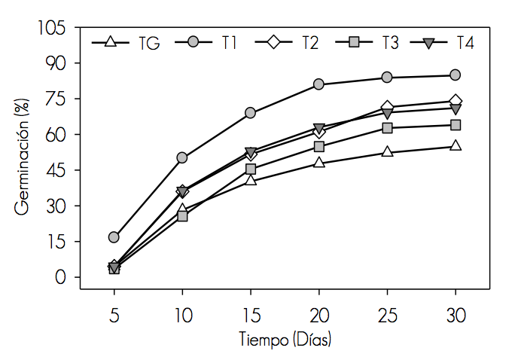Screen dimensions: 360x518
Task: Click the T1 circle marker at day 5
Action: (x=114, y=237)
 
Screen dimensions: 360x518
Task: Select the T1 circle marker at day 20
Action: (x=318, y=84)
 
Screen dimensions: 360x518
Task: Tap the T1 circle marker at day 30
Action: (x=456, y=75)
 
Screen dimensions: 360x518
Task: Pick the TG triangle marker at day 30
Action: (x=456, y=146)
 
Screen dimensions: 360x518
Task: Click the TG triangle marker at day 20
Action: (x=318, y=163)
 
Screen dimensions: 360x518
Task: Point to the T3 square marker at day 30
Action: (x=456, y=125)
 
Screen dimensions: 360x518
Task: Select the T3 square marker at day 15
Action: (x=250, y=169)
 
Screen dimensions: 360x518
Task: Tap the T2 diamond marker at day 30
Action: (x=456, y=101)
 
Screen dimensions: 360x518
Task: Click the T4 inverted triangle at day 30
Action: (x=456, y=109)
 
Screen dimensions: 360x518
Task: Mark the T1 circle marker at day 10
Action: (x=182, y=157)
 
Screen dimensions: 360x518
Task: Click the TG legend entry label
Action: (x=148, y=43)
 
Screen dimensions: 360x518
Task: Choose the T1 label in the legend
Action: (x=229, y=43)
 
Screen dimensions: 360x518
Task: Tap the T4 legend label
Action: (x=465, y=43)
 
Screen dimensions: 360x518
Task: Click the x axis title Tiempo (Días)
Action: (x=285, y=340)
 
